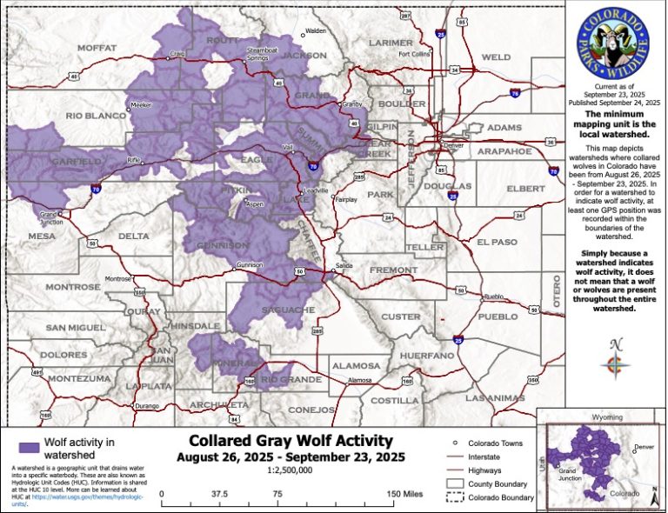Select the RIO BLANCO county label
point(96,115)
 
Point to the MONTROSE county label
point(74,286)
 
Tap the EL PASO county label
point(497,241)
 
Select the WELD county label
point(496,57)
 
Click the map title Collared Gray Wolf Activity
point(291,441)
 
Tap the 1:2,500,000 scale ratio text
point(291,470)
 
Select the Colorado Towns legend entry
point(495,443)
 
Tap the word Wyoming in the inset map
point(603,417)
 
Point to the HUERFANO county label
point(427,356)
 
